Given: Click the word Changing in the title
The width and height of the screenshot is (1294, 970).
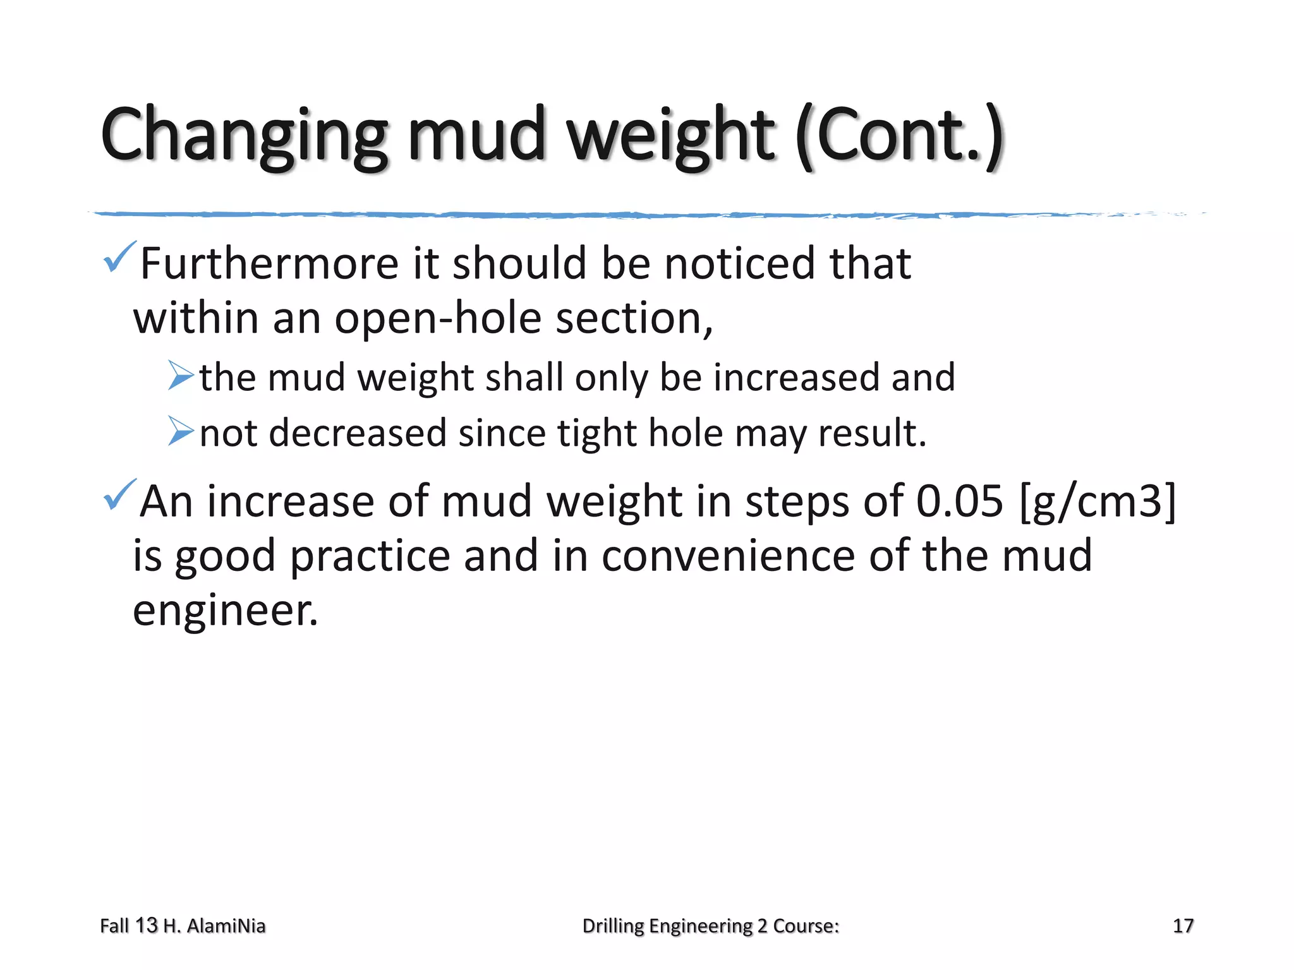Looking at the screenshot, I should pos(243,136).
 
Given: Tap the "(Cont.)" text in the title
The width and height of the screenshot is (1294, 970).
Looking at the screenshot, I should pos(899,136).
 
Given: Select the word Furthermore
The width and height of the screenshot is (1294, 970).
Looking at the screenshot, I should pos(269,263).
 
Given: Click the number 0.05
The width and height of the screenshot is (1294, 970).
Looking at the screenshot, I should pos(959,501).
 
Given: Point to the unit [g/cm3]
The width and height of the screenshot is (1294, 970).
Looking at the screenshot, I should pos(1098,501).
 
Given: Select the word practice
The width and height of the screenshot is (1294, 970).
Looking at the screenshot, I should pos(369,556).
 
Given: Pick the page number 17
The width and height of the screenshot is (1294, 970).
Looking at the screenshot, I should pos(1183,926).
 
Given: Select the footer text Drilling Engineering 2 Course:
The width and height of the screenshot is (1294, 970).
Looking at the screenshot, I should pos(710,926).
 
